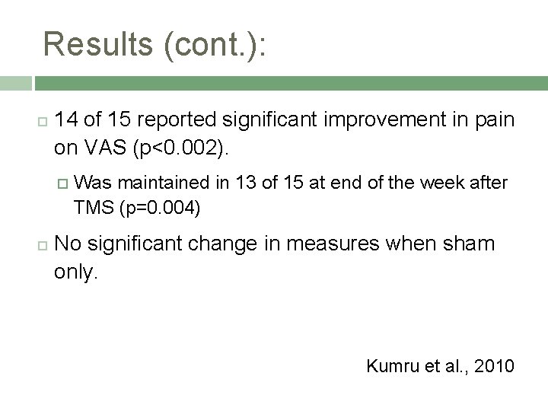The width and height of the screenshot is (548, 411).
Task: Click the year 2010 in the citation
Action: pos(492,366)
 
